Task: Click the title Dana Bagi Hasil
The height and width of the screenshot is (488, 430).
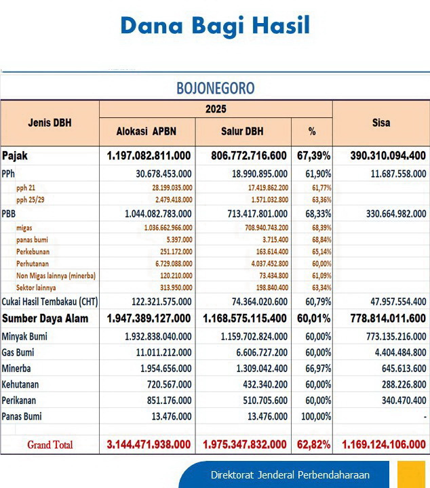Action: [215, 25]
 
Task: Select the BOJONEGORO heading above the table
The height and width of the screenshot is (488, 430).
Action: [215, 88]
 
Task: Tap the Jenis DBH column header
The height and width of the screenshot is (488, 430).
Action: [50, 123]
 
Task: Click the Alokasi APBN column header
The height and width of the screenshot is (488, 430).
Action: [147, 131]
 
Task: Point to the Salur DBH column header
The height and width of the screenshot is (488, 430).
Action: [242, 131]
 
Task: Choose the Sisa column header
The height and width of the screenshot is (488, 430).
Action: [380, 123]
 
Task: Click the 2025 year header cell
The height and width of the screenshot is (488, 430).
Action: [216, 108]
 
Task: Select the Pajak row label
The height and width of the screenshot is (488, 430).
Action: [15, 156]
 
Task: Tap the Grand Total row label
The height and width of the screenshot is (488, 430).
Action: [50, 445]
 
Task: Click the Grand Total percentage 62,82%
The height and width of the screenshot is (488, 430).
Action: [311, 445]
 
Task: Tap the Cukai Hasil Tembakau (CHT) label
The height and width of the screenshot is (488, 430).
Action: [49, 302]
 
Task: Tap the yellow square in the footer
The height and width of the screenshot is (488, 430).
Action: [411, 474]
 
